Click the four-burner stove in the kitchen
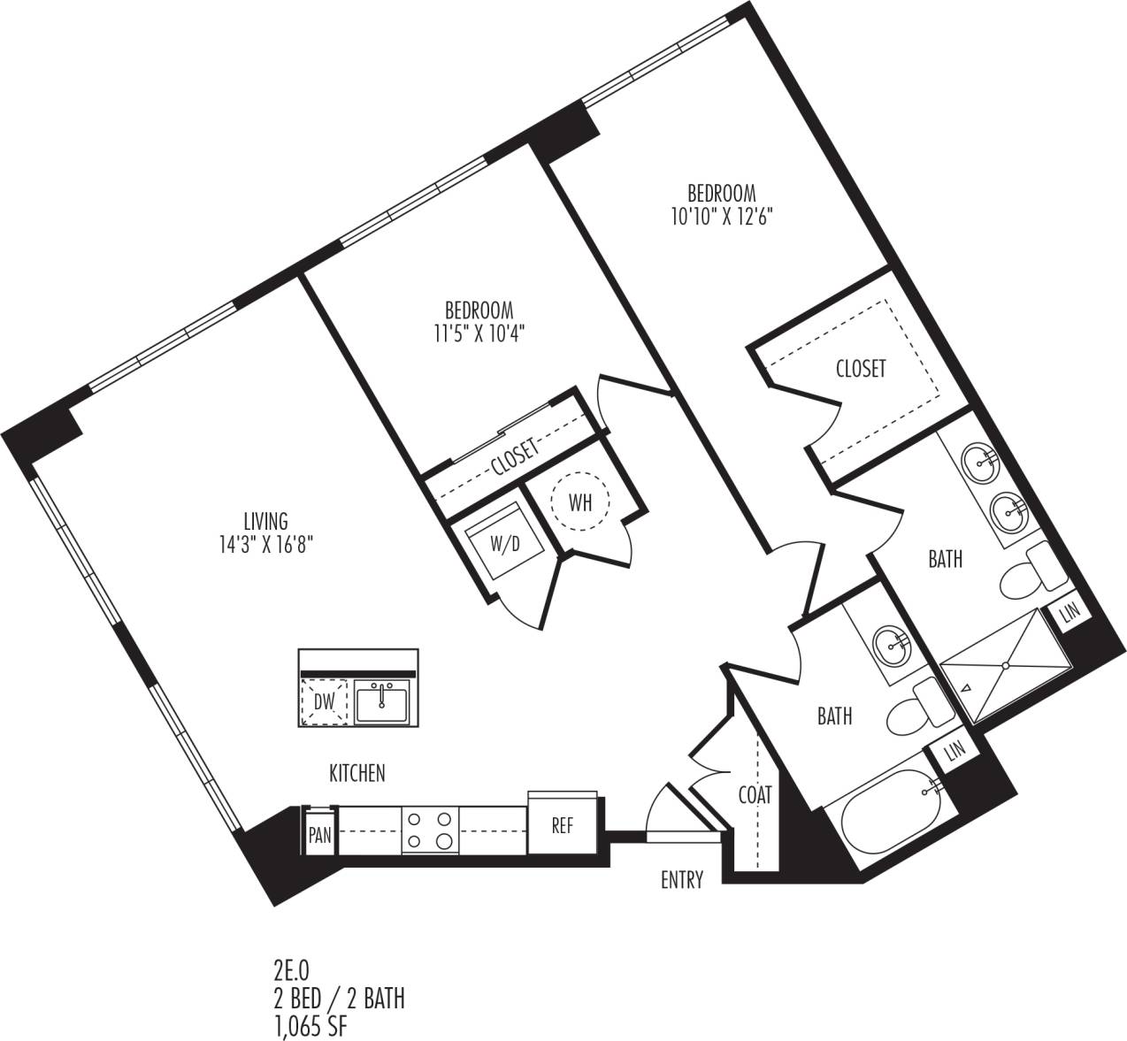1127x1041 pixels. (430, 831)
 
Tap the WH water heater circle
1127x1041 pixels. (580, 503)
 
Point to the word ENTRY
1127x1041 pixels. (682, 880)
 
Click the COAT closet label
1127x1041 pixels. (755, 795)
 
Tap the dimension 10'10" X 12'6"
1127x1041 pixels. (723, 215)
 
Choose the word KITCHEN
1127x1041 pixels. (357, 773)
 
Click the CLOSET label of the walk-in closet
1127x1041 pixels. (861, 368)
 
